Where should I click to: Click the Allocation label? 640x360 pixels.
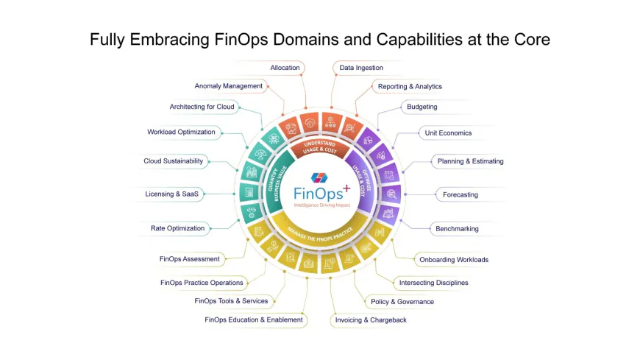click(x=285, y=68)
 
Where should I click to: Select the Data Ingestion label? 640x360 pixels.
click(x=360, y=68)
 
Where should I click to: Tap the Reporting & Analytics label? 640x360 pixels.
click(x=410, y=86)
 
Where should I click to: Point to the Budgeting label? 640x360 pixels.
click(x=422, y=107)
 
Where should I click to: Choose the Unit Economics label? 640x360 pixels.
click(x=448, y=133)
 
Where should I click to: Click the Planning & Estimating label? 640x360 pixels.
click(x=471, y=161)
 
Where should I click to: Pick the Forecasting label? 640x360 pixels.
click(x=461, y=195)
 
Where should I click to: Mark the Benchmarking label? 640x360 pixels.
click(x=457, y=229)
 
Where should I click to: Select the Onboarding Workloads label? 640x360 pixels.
click(x=453, y=260)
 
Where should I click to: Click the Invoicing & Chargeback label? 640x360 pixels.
click(x=371, y=320)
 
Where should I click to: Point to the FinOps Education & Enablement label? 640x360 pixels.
click(x=254, y=320)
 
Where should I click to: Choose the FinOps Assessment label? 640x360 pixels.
click(x=190, y=259)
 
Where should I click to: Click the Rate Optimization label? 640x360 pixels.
click(x=177, y=228)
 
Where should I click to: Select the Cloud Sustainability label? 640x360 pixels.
click(x=173, y=161)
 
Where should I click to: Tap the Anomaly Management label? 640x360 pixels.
click(x=228, y=86)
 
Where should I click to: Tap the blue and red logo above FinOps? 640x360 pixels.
click(x=320, y=178)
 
